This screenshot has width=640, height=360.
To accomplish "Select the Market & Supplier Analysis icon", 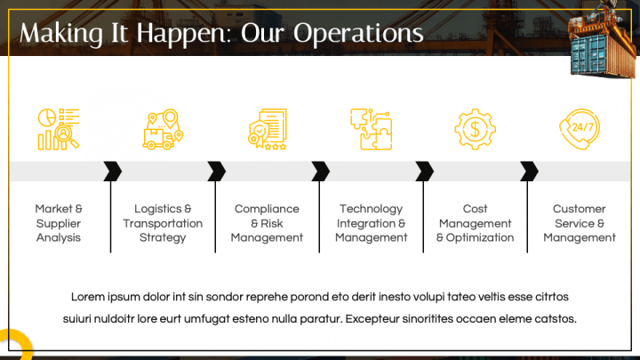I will (x=59, y=129).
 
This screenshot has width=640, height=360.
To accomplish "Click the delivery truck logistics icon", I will (x=162, y=129).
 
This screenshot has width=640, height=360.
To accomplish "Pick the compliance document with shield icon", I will (x=267, y=129).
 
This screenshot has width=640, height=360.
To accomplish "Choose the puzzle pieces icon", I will (x=371, y=129).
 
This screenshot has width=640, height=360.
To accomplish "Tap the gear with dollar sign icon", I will (x=475, y=129).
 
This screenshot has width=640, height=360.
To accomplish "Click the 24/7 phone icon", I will (x=579, y=129).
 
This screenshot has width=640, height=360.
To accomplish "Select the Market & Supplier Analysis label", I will (x=59, y=223).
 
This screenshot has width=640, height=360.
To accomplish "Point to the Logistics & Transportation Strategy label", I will (x=163, y=223).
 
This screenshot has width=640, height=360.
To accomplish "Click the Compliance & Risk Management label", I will (x=267, y=223).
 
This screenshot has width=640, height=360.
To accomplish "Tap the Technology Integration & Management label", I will (x=371, y=223).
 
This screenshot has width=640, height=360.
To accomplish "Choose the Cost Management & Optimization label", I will (x=475, y=223).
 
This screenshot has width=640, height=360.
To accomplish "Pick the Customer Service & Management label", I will (x=580, y=223).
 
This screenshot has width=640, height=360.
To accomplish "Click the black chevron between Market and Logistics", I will (x=113, y=171).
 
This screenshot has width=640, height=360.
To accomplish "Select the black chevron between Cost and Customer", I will (x=529, y=171).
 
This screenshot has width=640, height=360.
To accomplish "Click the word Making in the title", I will (x=55, y=34).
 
